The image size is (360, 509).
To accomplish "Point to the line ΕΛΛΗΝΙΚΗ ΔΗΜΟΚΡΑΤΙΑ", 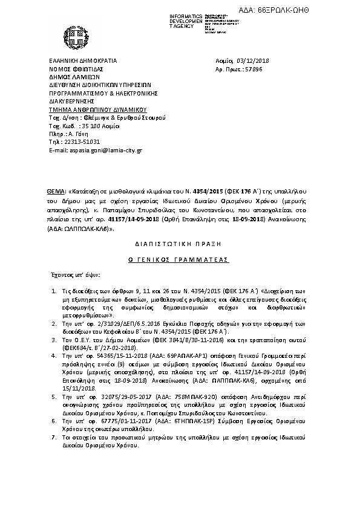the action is (x=83, y=61).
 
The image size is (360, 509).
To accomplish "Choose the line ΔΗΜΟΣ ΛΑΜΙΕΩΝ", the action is (x=73, y=77).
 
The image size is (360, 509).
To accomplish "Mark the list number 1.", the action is (x=54, y=291).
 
